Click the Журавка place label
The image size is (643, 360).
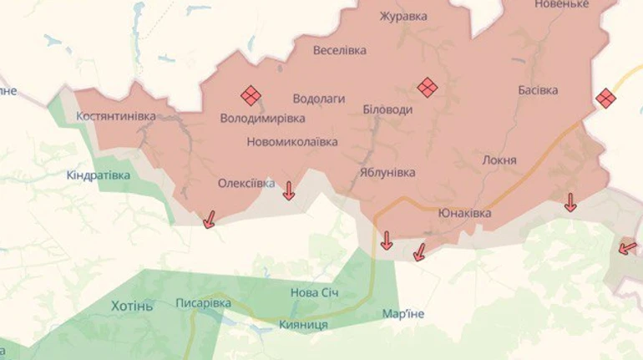(403, 17)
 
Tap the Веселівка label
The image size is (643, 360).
(340, 50)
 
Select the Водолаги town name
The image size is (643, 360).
(319, 98)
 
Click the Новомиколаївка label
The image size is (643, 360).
(292, 142)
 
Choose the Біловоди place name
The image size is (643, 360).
(387, 110)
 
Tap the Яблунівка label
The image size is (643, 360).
(387, 172)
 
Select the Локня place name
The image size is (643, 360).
(499, 160)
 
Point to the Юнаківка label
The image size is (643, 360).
(464, 213)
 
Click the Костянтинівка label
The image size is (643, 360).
(115, 116)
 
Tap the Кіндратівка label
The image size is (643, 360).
(99, 175)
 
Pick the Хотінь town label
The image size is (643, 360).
(132, 306)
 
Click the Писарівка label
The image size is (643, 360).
(203, 303)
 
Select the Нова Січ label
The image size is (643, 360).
(315, 293)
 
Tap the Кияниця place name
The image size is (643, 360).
(303, 324)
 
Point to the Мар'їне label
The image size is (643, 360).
(403, 314)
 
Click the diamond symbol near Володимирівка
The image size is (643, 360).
(251, 96)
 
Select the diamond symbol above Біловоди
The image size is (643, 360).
(428, 88)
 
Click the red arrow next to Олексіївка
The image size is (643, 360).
(288, 191)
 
